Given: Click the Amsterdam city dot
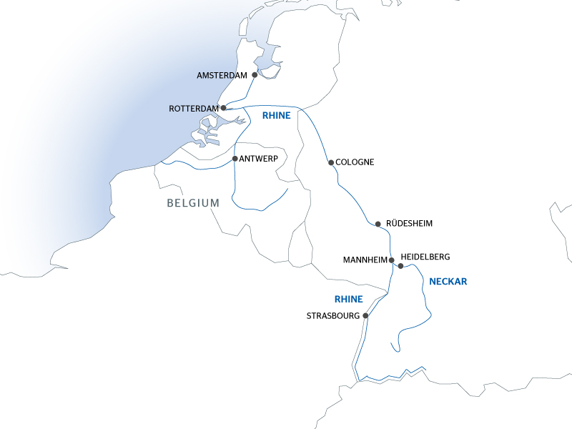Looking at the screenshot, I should (255, 74).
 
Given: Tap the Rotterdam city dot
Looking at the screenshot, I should (224, 108).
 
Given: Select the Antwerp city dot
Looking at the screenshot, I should (235, 158).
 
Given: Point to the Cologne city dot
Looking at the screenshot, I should (330, 162).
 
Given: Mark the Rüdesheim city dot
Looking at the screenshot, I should (378, 224).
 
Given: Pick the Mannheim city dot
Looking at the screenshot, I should (391, 260).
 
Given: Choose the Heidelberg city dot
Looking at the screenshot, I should (400, 266).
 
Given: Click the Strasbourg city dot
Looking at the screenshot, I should (365, 315).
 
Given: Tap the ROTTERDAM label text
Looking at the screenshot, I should (193, 109).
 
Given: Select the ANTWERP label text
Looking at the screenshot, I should (258, 159).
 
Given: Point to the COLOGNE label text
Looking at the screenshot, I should (355, 162).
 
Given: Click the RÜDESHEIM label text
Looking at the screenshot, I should (409, 224).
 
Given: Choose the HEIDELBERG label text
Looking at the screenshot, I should (426, 256).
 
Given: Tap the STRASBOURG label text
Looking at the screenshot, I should (333, 315).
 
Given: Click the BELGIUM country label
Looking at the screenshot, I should (193, 203).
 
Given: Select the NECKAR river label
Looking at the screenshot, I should (448, 282).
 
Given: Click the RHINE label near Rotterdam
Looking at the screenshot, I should (276, 115).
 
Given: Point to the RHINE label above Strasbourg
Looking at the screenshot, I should (348, 299).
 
